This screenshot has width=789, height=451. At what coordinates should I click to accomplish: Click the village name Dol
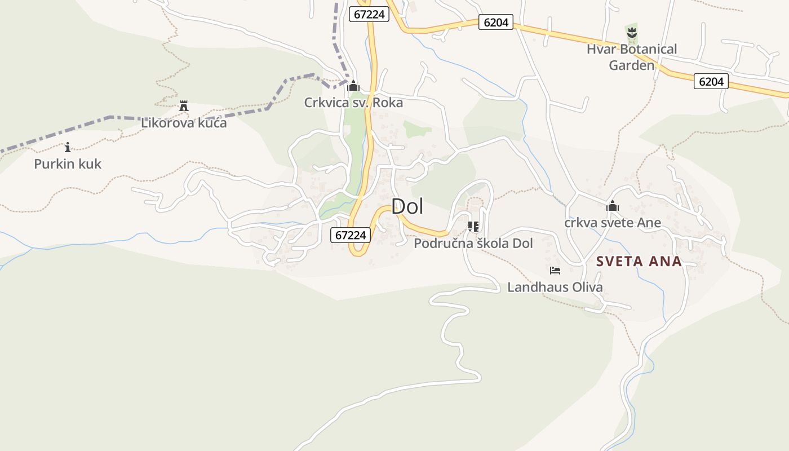(407, 206)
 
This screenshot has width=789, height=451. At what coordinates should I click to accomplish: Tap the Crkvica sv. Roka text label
(353, 103)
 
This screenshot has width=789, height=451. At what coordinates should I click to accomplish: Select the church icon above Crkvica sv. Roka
(353, 86)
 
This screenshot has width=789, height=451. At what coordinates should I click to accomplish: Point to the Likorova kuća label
(184, 123)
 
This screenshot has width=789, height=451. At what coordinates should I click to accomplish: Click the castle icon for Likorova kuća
(183, 106)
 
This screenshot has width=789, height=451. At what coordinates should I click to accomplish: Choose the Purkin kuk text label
(68, 164)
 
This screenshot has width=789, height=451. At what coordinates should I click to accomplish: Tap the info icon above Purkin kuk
(68, 148)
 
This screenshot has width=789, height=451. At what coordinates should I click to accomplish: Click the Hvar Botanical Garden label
(631, 57)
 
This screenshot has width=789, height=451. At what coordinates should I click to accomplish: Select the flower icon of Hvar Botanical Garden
(632, 33)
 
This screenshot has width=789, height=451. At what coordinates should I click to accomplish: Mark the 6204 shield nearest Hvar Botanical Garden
(711, 82)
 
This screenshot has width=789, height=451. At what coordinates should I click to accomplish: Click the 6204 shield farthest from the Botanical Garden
(496, 23)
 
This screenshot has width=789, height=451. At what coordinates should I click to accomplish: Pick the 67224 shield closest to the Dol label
(350, 235)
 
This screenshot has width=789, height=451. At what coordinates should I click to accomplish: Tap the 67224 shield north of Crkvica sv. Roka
(369, 14)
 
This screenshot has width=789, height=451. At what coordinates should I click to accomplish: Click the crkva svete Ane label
(613, 223)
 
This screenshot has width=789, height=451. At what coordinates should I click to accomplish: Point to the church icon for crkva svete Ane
(613, 206)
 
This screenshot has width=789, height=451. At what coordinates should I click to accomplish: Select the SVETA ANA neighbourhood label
(639, 262)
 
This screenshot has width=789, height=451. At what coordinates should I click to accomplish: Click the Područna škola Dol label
(473, 244)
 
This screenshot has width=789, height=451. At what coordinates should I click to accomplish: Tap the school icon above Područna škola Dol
(473, 227)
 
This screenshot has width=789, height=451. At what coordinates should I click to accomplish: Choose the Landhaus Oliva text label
(555, 287)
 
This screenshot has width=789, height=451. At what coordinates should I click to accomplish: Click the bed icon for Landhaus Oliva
(555, 271)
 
